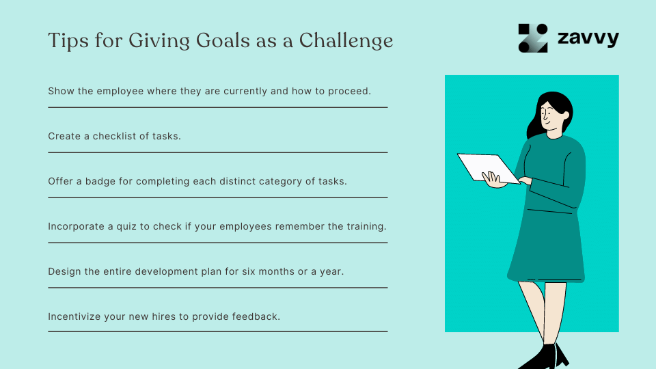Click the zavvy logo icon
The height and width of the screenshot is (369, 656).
coord(533,38)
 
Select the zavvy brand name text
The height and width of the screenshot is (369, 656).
coord(587,38)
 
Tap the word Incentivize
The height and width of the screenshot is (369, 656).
coord(77,316)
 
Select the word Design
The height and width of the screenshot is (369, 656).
coord(64,271)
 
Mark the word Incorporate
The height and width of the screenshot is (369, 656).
coord(76,226)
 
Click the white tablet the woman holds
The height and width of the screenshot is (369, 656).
coord(487,168)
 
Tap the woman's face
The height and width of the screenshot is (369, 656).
coord(550,118)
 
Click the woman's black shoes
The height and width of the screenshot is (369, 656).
coord(547,357)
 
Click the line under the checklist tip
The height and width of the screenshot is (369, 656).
coord(217,152)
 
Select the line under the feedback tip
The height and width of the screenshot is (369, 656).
coord(217,331)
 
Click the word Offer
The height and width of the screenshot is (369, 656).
coord(60,181)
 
